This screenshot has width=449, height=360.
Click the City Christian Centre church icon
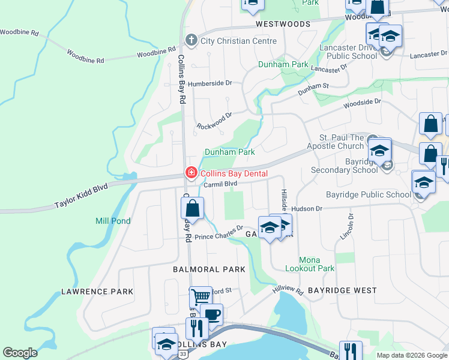point(191,41)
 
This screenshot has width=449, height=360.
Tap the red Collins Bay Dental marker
point(191,173)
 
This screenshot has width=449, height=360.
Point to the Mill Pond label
point(113,221)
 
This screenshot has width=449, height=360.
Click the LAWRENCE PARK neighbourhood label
point(97,292)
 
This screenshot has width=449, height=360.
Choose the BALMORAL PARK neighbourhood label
point(209,269)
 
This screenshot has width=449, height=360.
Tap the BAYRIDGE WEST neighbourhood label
point(342,290)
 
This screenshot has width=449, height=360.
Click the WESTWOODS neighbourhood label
point(283,25)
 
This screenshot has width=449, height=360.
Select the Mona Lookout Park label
point(309,264)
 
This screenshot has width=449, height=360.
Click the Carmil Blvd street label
point(220,184)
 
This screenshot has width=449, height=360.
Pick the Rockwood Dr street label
point(214,121)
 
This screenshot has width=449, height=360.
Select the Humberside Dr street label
point(209,83)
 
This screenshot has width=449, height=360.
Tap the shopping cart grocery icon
point(200,296)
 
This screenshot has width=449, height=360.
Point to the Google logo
point(20,353)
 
